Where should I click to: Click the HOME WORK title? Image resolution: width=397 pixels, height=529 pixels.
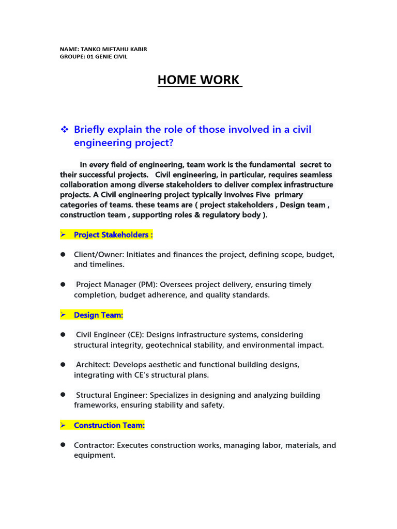(x=199, y=80)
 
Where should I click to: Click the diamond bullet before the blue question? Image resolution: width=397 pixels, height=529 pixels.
(x=65, y=129)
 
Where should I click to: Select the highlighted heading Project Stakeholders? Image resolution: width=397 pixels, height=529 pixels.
(x=113, y=235)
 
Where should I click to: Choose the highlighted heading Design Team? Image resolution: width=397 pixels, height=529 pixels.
(x=98, y=315)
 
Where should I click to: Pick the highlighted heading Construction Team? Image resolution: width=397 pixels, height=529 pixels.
(x=109, y=425)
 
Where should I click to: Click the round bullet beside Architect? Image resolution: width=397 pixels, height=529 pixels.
(x=63, y=364)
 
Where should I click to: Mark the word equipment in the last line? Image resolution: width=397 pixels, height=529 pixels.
(x=95, y=456)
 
